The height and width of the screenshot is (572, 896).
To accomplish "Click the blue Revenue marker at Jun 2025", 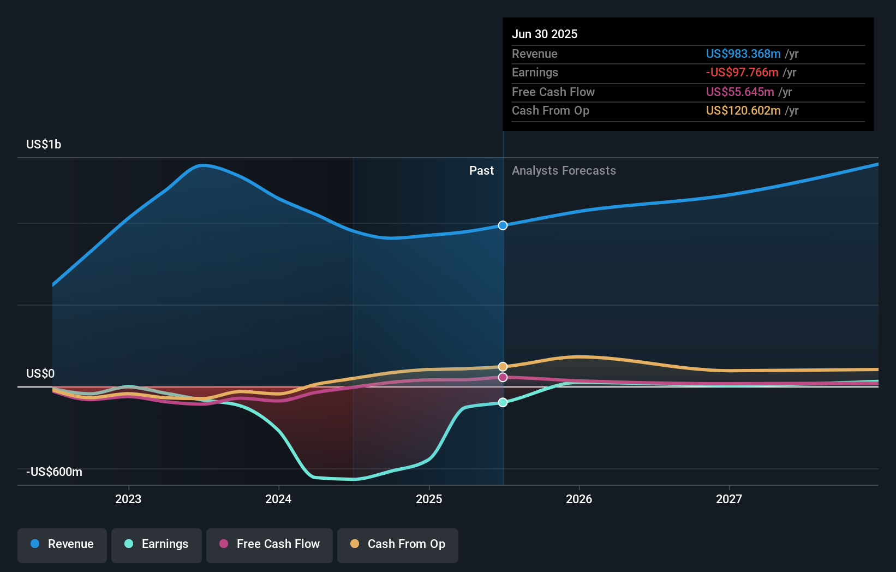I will click(503, 225).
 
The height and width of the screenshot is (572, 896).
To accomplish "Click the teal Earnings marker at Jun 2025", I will click(503, 402).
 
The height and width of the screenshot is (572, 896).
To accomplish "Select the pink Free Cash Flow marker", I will click(503, 377).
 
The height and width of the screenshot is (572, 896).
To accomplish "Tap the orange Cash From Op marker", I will click(503, 367).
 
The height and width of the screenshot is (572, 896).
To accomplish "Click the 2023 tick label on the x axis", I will click(128, 499).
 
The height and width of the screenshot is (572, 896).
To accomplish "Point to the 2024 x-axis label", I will click(278, 499).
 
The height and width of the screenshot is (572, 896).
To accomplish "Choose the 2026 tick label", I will click(579, 499).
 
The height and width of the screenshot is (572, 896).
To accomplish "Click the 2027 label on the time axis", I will click(729, 499).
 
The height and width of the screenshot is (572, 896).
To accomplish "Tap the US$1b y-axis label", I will click(44, 144).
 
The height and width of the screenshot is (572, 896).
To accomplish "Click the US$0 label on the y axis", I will click(40, 373).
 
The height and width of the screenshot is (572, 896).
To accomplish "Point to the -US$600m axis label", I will click(54, 472).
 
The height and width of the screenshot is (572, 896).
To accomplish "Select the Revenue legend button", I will click(62, 544).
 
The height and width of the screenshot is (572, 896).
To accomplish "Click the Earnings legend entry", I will click(157, 544).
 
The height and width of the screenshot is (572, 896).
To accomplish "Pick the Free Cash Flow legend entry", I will click(270, 544).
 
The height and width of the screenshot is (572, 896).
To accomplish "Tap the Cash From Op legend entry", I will click(398, 544).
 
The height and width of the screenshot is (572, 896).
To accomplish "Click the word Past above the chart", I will click(481, 170).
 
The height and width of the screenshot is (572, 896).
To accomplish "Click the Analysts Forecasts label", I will click(564, 170).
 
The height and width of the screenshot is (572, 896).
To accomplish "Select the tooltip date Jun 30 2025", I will click(545, 34).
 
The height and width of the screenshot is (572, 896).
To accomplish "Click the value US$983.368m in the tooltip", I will click(743, 53).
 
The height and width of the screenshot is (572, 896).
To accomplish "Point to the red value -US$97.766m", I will click(742, 72).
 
